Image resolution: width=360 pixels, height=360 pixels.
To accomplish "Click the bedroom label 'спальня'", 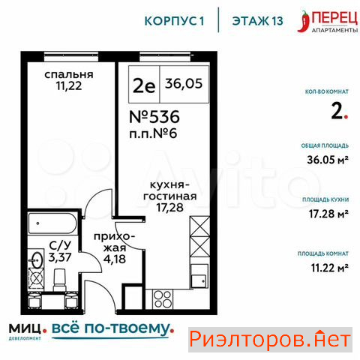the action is click(x=69, y=74).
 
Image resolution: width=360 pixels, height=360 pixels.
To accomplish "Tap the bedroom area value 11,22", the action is click(x=69, y=85).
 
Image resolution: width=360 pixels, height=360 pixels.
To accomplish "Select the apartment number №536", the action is click(x=154, y=117).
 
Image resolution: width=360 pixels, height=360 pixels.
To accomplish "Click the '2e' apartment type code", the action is click(x=144, y=85).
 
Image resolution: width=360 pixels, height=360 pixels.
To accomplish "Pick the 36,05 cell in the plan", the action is click(x=184, y=83).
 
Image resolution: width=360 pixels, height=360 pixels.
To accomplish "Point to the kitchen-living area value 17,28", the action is click(x=170, y=208).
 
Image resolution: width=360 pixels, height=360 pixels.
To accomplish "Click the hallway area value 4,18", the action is click(x=115, y=259).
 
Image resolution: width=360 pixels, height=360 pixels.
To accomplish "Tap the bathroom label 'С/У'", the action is click(x=60, y=246).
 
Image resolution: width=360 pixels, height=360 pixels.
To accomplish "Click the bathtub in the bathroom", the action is click(x=52, y=223).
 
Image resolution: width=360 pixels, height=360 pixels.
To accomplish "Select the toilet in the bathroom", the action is click(x=59, y=280).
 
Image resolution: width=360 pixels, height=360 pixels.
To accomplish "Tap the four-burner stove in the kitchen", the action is click(x=163, y=299).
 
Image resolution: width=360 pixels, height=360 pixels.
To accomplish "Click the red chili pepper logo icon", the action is click(x=304, y=21).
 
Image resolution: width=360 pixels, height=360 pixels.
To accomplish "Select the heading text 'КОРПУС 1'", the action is click(x=174, y=21).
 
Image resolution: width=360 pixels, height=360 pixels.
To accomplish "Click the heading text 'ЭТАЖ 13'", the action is click(x=257, y=21).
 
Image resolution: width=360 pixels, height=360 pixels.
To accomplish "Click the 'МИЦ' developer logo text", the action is click(x=25, y=328).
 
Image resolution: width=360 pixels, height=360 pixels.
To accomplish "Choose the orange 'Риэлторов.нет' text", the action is click(x=270, y=340).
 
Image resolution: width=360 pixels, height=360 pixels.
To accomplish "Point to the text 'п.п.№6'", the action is click(x=153, y=133).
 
